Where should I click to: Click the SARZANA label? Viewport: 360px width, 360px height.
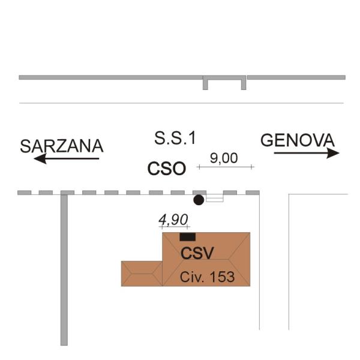point(62,146)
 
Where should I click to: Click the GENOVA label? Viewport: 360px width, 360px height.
point(297,140)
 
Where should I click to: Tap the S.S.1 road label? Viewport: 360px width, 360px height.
point(175,139)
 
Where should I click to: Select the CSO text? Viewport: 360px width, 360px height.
point(167,169)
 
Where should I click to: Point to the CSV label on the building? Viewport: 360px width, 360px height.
point(197,253)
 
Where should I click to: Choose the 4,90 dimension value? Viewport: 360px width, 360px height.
point(173,220)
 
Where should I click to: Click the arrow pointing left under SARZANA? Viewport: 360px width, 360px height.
point(66,158)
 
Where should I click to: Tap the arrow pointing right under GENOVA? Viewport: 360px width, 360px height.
point(306,153)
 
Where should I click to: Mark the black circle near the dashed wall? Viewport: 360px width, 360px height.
point(198,200)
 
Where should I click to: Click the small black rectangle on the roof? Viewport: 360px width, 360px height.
point(187,237)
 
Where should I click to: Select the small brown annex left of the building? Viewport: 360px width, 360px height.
point(142,273)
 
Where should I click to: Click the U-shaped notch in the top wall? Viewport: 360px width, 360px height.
point(224,82)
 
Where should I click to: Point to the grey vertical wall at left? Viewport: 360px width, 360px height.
point(64,270)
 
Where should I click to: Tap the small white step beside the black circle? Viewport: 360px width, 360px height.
point(214,198)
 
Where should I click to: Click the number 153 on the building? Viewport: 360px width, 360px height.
point(223,277)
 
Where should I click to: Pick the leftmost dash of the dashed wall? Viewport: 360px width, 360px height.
point(24,193)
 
